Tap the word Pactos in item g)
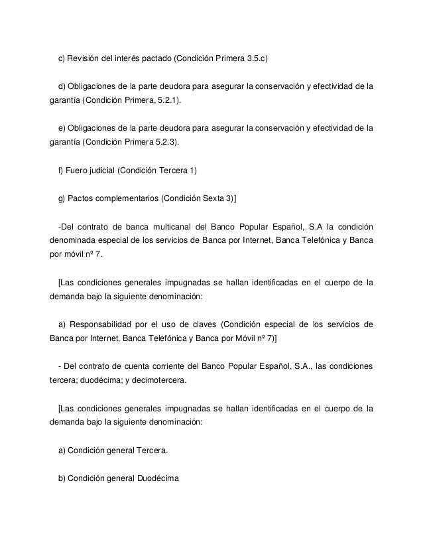(82, 200)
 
